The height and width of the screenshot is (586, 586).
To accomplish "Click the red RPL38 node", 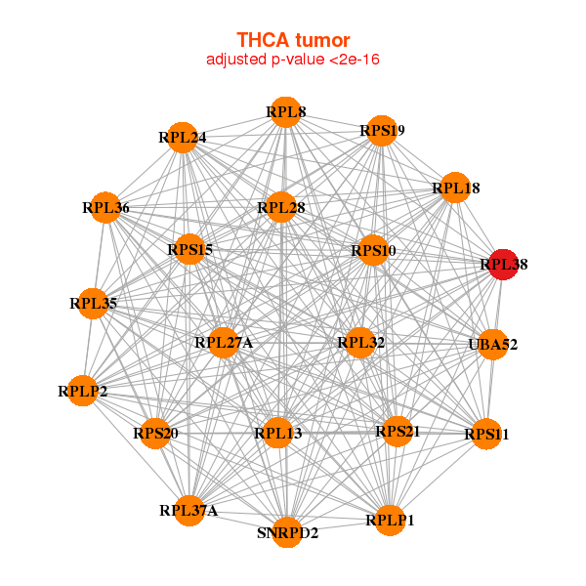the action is coord(503,264).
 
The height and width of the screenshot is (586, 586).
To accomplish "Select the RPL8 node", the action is coord(285,112).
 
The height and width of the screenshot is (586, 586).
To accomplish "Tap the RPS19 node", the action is coord(381,131).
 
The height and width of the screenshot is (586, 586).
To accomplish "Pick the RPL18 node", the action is coord(455,188).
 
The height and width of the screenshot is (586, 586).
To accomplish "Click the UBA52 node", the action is coord(493,344).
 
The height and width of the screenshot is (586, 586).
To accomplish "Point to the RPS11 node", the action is coord(486,434).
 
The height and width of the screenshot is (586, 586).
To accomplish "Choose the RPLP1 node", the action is coord(390,520).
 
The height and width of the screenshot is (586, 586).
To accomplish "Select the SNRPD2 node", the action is coord(287,532).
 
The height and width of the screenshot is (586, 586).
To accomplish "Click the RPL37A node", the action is coord(188,510).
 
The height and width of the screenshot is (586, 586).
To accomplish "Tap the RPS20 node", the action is coord(155,433).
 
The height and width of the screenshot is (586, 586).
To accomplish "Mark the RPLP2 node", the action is coord(83,392).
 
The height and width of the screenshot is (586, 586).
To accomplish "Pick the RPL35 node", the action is coord(93,304).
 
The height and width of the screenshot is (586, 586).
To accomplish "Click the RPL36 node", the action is coord(105,207).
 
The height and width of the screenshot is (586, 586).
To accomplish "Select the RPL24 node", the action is coord(183,138).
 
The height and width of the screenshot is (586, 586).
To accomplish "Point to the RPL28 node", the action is coord(281,207).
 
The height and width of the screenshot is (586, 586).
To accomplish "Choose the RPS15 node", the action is coord(189,250).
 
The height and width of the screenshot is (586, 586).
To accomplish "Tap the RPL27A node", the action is coord(224,342).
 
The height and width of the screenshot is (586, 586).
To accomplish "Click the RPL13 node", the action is coord(278,433).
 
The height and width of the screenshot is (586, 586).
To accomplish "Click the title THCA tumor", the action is coord(293,40).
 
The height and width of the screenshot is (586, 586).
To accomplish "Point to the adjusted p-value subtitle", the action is coord(293,60).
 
